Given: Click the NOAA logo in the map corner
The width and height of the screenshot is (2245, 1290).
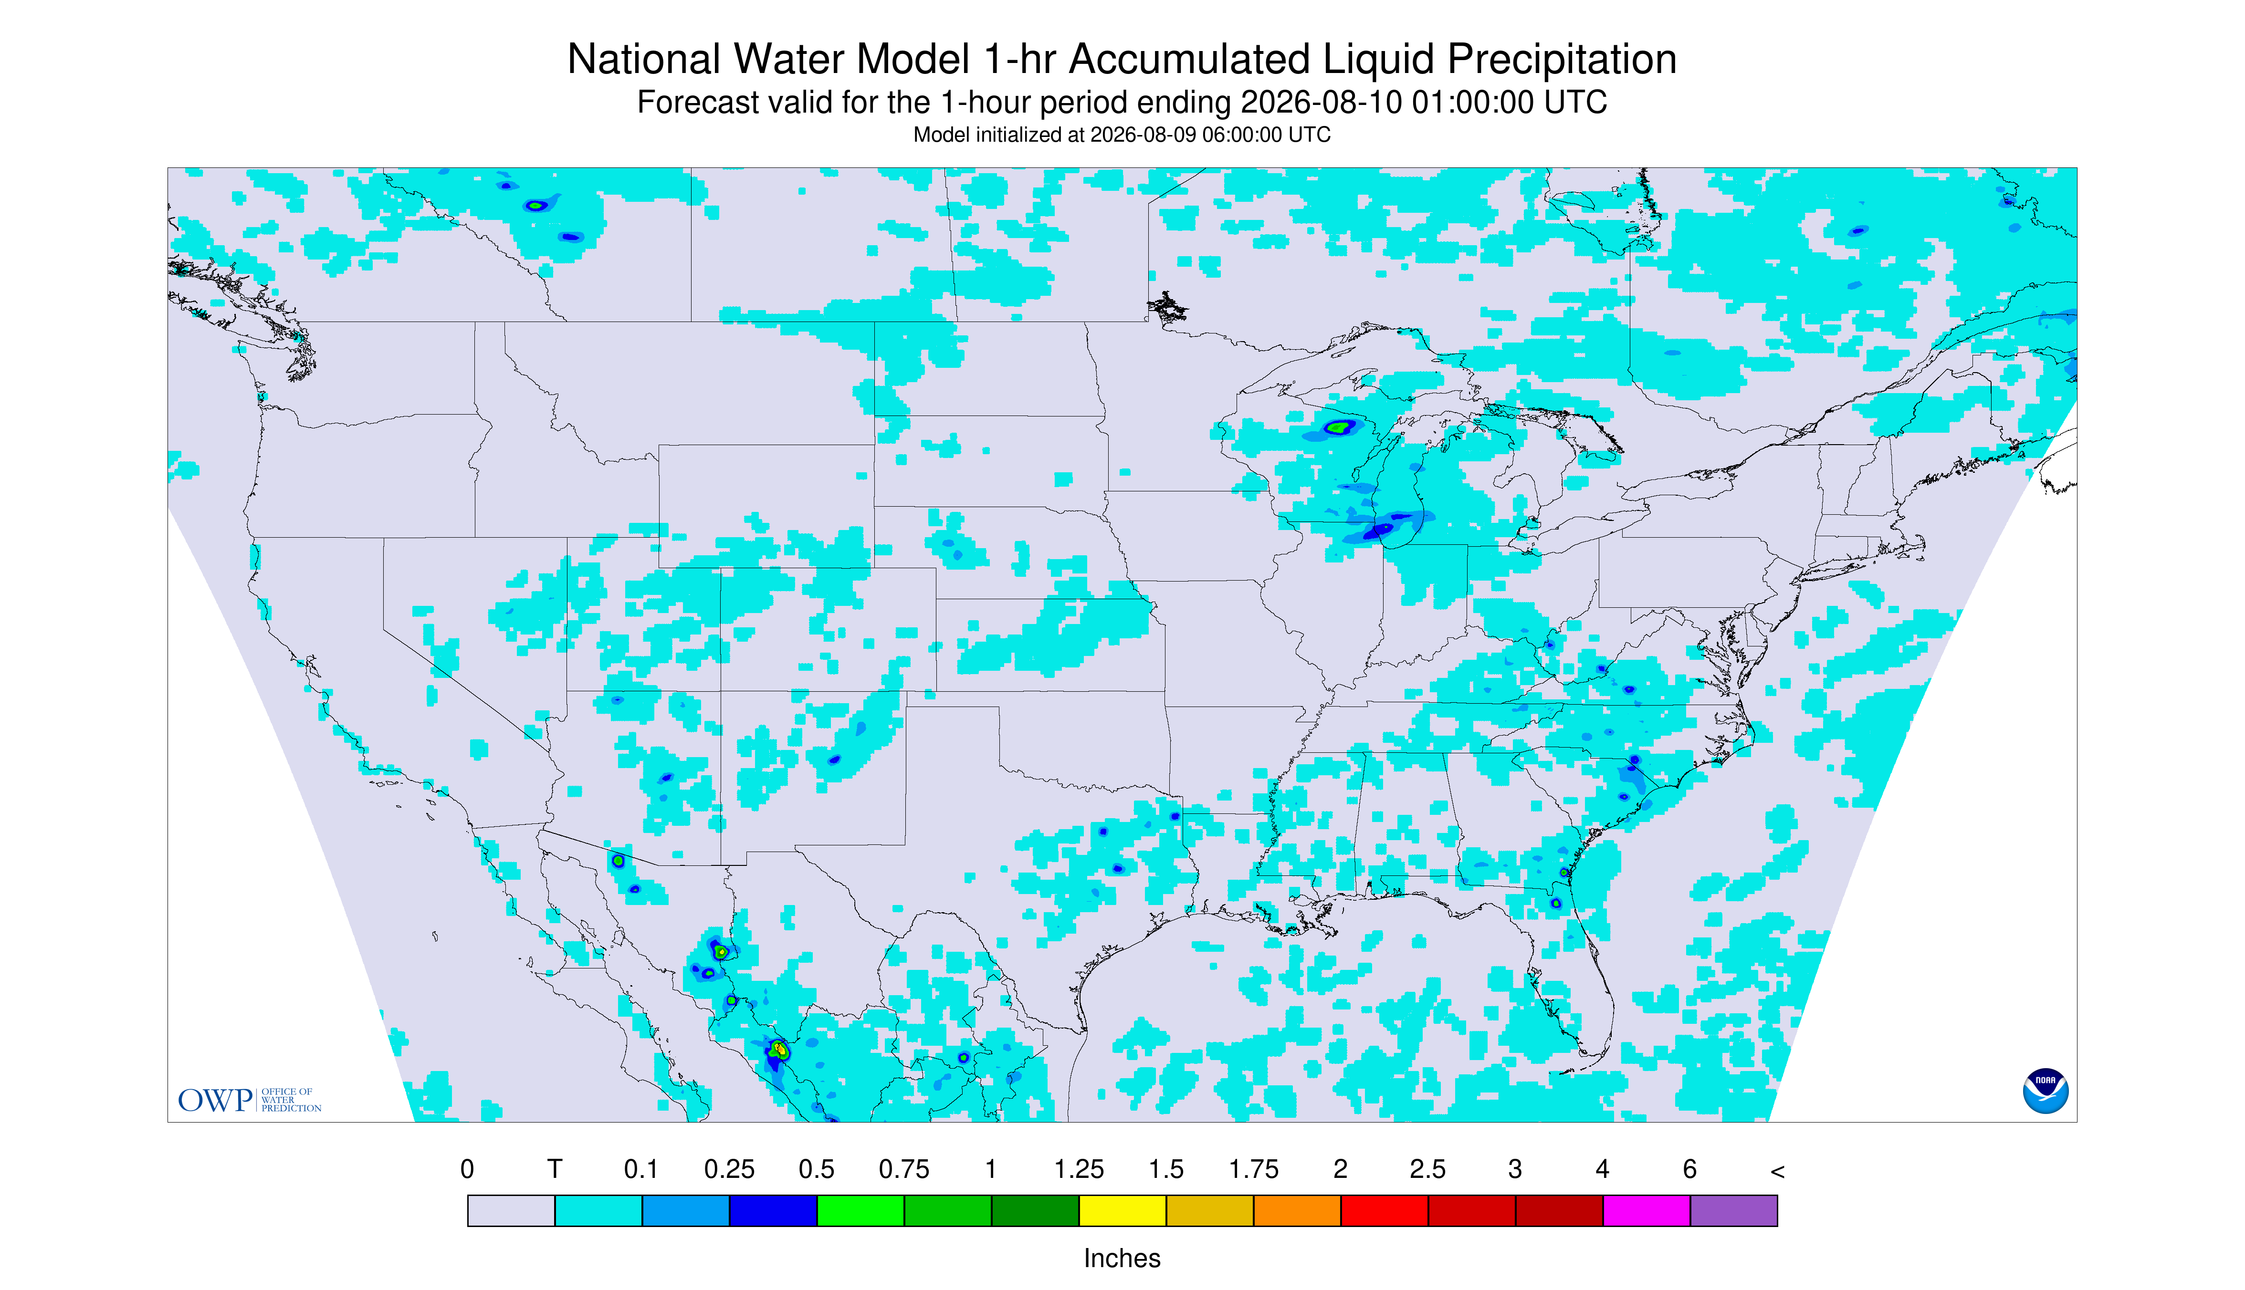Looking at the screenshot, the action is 2045,1091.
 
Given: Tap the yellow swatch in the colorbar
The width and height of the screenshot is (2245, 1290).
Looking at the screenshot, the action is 1122,1210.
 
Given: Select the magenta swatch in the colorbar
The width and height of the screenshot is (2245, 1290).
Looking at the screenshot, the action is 1646,1210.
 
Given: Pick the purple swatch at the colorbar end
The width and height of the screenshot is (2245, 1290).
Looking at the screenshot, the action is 1733,1210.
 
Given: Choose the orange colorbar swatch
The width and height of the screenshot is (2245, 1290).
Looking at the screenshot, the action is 1297,1210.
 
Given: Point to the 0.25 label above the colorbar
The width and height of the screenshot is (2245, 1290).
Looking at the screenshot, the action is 729,1169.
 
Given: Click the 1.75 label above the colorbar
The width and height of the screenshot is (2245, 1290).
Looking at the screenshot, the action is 1253,1169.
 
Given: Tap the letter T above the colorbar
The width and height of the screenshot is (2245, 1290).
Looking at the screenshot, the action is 555,1169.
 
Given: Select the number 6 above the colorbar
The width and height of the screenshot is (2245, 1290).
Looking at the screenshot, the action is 1689,1169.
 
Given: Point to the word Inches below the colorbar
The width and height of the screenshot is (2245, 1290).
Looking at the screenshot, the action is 1122,1258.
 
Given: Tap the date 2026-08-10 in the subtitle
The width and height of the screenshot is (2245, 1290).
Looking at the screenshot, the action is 1321,102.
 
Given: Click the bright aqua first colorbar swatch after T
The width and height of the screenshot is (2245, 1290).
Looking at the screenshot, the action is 598,1210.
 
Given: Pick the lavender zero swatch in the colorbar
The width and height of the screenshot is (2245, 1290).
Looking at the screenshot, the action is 512,1210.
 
